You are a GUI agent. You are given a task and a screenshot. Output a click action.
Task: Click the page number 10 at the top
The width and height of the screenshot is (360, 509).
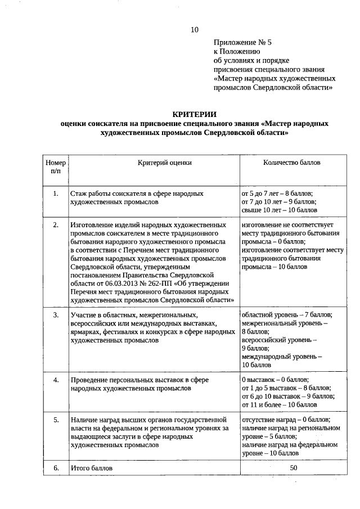pyautogui.click(x=194, y=29)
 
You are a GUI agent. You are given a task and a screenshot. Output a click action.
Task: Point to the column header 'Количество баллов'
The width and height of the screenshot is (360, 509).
pyautogui.click(x=292, y=163)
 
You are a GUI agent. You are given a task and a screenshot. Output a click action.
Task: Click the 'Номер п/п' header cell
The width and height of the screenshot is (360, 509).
pyautogui.click(x=56, y=166)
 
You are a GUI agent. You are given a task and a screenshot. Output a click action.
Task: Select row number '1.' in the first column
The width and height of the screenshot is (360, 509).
pyautogui.click(x=56, y=193)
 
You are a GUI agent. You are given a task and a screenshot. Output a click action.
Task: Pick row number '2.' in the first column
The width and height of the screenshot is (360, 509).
pyautogui.click(x=56, y=225)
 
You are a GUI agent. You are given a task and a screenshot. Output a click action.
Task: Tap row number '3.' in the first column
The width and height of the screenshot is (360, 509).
pyautogui.click(x=56, y=315)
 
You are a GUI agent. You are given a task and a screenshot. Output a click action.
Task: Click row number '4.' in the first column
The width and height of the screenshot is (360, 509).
pyautogui.click(x=56, y=381)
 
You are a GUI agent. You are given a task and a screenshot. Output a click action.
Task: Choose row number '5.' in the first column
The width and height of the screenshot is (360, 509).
pyautogui.click(x=56, y=420)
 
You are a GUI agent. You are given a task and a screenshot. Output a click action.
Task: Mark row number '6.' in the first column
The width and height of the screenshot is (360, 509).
pyautogui.click(x=56, y=468)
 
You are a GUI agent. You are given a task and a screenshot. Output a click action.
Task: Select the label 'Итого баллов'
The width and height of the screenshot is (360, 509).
pyautogui.click(x=92, y=468)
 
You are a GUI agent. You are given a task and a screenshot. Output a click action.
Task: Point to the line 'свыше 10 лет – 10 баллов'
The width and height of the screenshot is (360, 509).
pyautogui.click(x=279, y=210)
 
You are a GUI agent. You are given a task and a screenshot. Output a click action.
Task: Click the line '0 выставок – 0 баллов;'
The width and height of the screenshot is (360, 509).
pyautogui.click(x=275, y=380)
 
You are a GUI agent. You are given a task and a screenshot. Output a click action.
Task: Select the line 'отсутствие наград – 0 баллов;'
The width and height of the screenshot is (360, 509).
pyautogui.click(x=285, y=420)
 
